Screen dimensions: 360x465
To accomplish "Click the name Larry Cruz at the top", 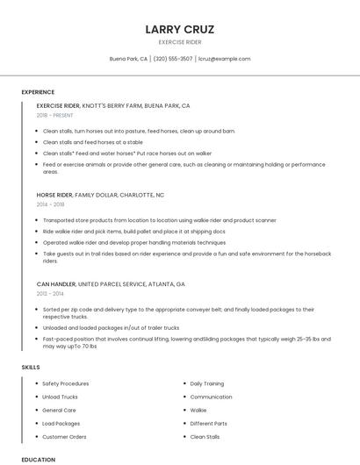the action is tap(180, 29).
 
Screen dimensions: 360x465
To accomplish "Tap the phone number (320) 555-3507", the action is tap(173, 59).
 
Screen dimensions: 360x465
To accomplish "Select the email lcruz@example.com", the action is tap(225, 59).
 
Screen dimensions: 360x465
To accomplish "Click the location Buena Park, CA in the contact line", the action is tap(128, 59).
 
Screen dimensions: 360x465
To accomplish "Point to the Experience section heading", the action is tap(38, 92).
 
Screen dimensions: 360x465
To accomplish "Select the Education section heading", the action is tap(38, 459).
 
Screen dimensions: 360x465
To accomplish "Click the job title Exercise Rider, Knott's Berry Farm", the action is tap(113, 105).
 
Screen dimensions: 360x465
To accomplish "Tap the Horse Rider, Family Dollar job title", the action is tap(100, 195).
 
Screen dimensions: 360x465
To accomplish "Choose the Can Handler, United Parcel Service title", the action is tap(111, 284).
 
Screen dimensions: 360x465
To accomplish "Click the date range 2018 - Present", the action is tap(54, 115).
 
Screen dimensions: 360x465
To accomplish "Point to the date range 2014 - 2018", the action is tap(51, 204).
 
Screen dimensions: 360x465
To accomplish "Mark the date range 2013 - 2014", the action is tap(51, 294).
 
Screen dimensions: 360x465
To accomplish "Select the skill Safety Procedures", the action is tap(65, 383).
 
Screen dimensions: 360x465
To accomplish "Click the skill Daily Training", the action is tap(207, 383).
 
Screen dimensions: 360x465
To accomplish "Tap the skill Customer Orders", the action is tap(64, 436).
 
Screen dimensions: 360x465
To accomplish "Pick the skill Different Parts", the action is tap(208, 423).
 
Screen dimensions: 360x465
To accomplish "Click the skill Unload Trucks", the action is tap(61, 397).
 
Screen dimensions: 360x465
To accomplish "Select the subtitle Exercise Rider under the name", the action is tap(180, 41).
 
